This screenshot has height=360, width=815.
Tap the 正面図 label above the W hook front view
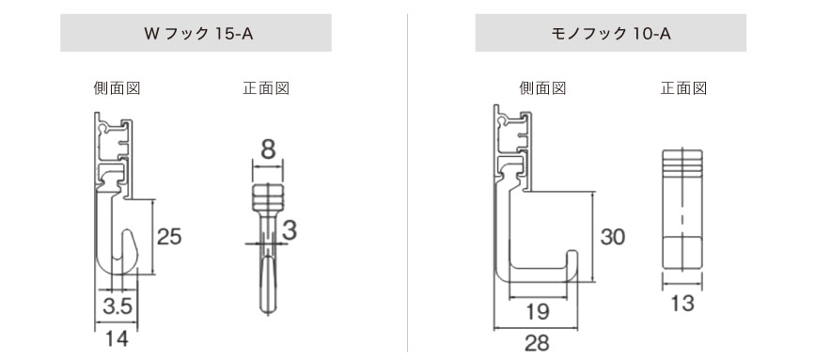point(265,89)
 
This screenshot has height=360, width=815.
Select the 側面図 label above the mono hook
point(543,89)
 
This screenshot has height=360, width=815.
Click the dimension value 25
point(169,236)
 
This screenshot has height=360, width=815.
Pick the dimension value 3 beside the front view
point(290,229)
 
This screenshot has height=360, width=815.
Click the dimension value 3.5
point(118,305)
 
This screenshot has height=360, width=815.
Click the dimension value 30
point(612,237)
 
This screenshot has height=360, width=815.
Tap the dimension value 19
point(537,311)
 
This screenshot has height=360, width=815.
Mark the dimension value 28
point(537,342)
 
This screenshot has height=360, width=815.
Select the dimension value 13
point(683,303)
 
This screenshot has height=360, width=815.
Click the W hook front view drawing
point(268,249)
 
